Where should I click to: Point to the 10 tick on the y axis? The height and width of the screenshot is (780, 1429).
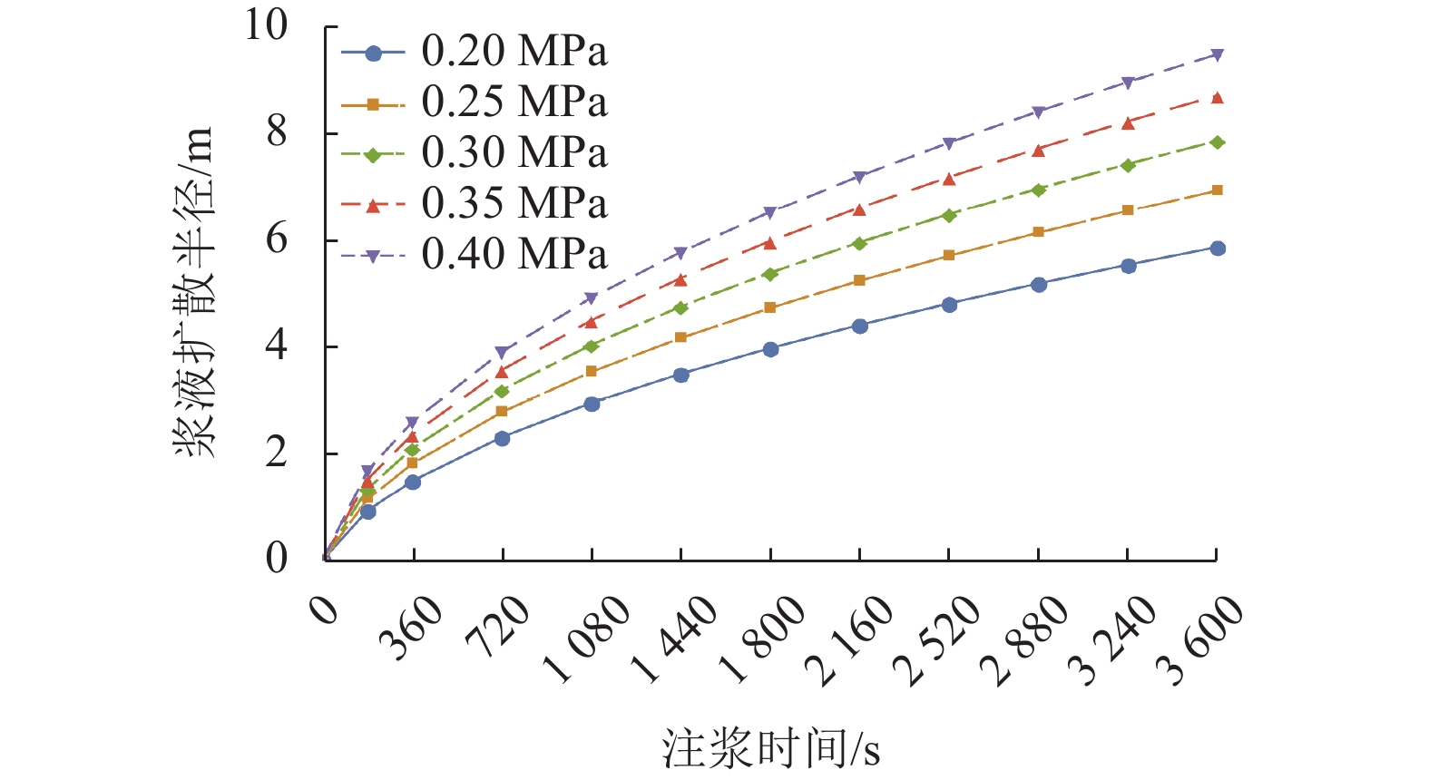tap(266, 25)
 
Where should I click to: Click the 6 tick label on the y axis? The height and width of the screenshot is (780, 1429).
tap(277, 239)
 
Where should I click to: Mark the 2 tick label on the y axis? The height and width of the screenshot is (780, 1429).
tap(277, 453)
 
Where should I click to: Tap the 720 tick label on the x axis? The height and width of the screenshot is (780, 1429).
tap(497, 626)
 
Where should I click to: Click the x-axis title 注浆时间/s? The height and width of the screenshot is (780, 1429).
tap(770, 750)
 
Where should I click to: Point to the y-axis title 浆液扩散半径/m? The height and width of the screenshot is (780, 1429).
tap(195, 292)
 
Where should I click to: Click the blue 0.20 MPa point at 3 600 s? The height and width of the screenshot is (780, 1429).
tap(1218, 249)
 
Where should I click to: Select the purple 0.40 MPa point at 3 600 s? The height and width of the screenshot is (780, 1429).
tap(1218, 55)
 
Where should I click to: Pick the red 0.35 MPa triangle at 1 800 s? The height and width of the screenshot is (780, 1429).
tap(770, 243)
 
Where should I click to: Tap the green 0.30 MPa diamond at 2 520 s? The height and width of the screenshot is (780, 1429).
tap(949, 216)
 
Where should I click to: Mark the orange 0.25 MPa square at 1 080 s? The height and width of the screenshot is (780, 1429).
tap(592, 371)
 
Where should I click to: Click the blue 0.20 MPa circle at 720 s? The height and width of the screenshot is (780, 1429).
tap(502, 438)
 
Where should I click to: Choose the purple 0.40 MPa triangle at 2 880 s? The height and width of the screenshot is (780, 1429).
tap(1039, 112)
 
